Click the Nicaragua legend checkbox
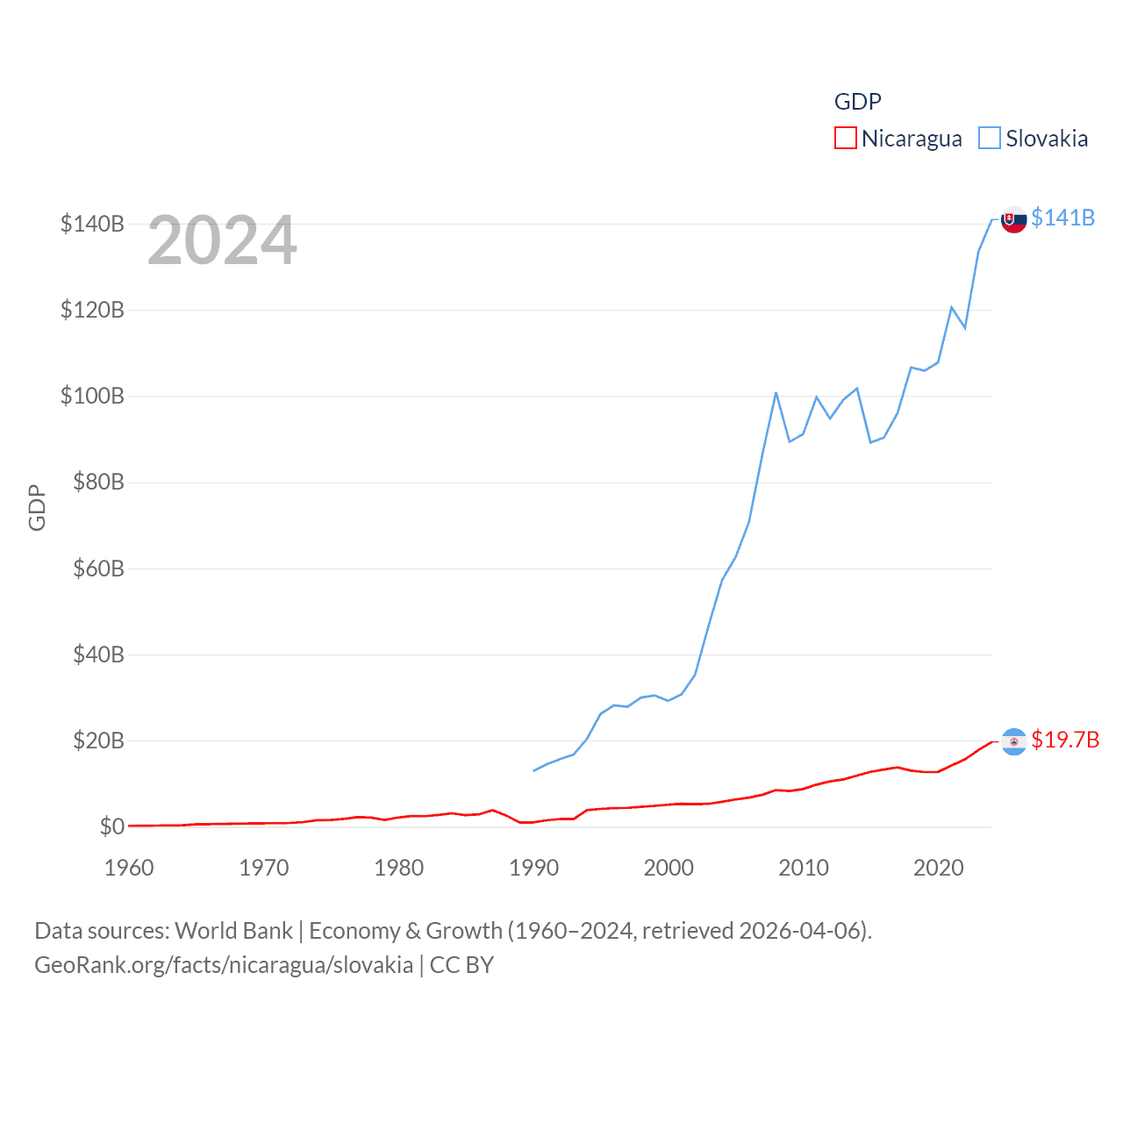[x=845, y=138]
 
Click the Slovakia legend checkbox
[x=989, y=138]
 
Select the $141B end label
[x=1062, y=218]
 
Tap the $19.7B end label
[x=1065, y=740]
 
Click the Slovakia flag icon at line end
[x=1014, y=219]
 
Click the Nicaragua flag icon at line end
[x=1014, y=741]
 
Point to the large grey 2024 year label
[x=222, y=240]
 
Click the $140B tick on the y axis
[x=92, y=224]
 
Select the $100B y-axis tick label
[x=92, y=396]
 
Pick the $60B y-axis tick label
[x=98, y=569]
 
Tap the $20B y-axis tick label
[x=98, y=740]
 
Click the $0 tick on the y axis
[x=111, y=826]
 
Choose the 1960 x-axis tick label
[x=129, y=868]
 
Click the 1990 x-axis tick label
[x=533, y=868]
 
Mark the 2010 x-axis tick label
[x=804, y=868]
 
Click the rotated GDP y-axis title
[x=37, y=507]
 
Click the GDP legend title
[x=857, y=102]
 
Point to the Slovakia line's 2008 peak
[x=776, y=393]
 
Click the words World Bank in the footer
[x=233, y=930]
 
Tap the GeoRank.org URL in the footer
[x=224, y=965]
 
